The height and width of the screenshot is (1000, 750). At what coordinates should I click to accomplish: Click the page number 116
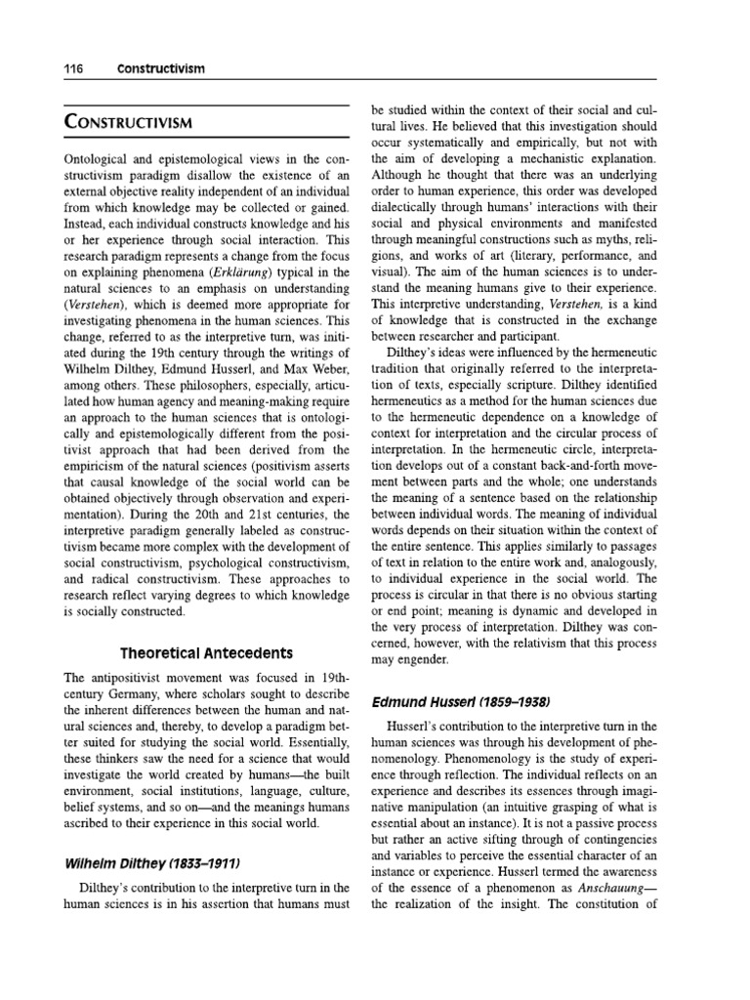point(74,69)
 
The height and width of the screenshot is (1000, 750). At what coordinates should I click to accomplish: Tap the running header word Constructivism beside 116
point(162,69)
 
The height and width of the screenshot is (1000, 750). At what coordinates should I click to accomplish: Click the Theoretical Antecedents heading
point(206,652)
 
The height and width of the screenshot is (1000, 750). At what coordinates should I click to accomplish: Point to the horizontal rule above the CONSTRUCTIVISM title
point(205,104)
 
